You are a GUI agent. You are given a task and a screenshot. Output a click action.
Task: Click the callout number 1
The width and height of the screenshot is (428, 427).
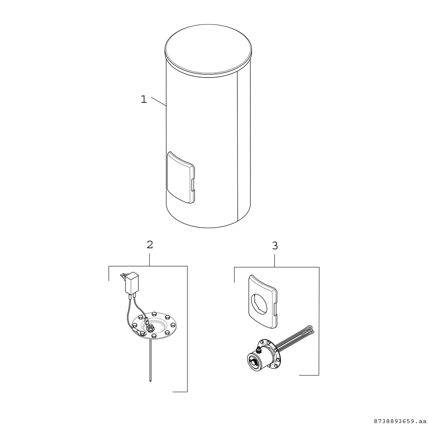144,99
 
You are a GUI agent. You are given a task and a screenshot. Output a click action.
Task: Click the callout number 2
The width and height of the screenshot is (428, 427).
150,245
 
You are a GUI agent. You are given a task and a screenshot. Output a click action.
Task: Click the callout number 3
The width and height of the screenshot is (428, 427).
275,246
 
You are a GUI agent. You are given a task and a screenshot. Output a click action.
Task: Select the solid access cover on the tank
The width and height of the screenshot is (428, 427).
180,178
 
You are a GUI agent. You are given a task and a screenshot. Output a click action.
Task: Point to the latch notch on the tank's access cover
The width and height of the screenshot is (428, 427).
193,185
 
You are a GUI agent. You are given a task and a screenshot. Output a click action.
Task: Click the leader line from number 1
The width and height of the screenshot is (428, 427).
159,101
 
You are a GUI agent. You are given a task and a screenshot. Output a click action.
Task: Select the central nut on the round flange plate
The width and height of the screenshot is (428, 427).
151,327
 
